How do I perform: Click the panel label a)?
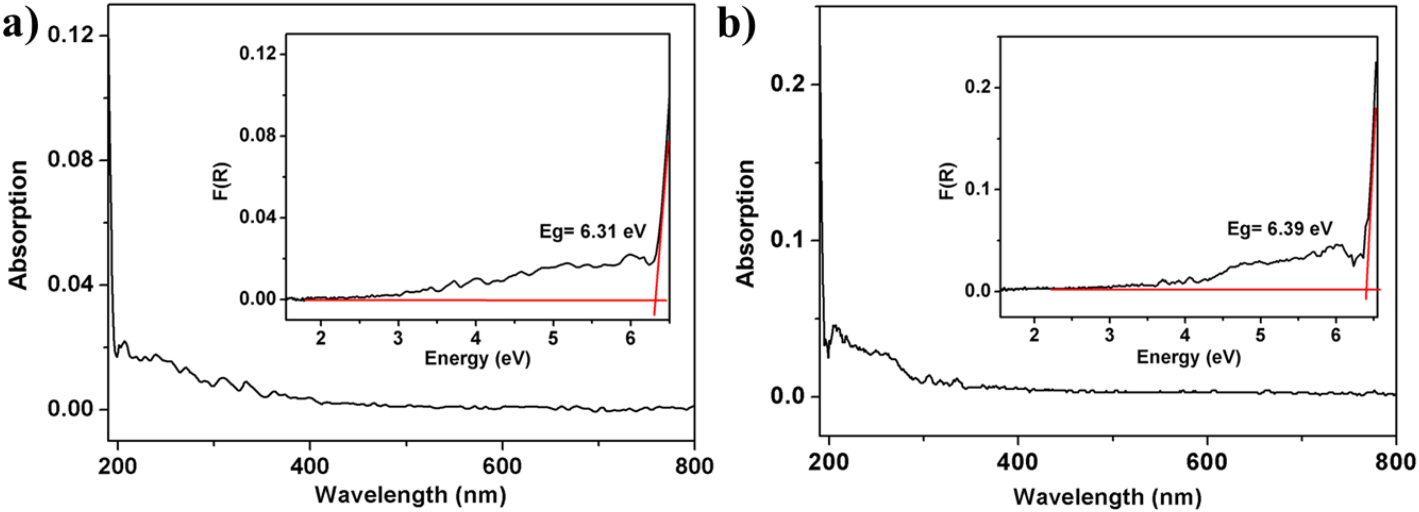[x=21, y=25]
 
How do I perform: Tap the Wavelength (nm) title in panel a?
[x=410, y=495]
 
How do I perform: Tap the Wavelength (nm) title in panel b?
[x=1107, y=497]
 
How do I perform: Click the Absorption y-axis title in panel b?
[x=746, y=223]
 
